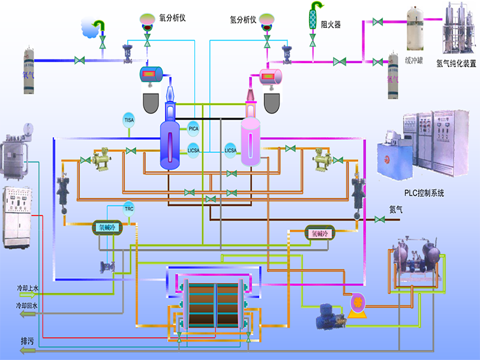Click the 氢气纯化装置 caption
457,62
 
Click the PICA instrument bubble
193,128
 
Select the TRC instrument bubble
129,209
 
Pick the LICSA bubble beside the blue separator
193,150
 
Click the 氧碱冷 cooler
108,227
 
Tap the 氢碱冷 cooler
318,233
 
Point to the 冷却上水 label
27,289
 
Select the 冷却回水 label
27,306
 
